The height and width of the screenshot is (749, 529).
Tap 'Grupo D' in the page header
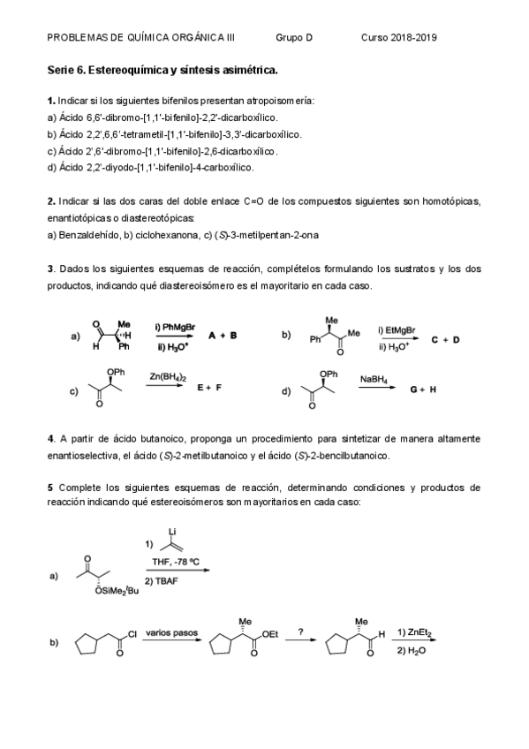coord(294,38)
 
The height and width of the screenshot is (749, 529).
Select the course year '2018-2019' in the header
coord(413,38)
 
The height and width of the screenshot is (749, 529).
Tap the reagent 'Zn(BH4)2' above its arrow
coord(168,377)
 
